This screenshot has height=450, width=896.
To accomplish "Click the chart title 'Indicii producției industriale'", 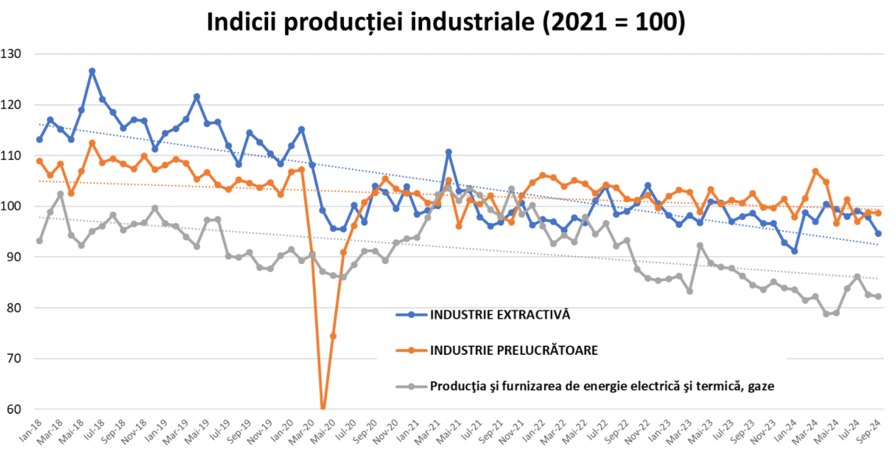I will [446, 22].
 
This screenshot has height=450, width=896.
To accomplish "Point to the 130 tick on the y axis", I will [12, 54].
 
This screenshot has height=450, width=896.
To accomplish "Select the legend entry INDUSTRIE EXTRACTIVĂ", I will [499, 314].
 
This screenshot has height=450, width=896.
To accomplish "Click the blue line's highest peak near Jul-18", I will [92, 71].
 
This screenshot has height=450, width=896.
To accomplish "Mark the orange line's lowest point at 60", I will [323, 408].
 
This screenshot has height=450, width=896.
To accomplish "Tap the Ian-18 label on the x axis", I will [31, 429].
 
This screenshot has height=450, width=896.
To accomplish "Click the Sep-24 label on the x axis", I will [872, 430].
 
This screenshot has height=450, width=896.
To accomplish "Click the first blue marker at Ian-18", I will [40, 139].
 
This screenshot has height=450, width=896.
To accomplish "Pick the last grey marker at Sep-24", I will [878, 297].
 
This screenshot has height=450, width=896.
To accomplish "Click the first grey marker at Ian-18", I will [40, 241].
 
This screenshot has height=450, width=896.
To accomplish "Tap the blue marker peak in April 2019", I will [197, 97].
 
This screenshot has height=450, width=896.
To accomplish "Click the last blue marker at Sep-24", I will [878, 234].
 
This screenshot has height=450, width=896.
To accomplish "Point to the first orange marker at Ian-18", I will [40, 161].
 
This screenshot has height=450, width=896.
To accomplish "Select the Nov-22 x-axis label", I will [636, 430].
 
